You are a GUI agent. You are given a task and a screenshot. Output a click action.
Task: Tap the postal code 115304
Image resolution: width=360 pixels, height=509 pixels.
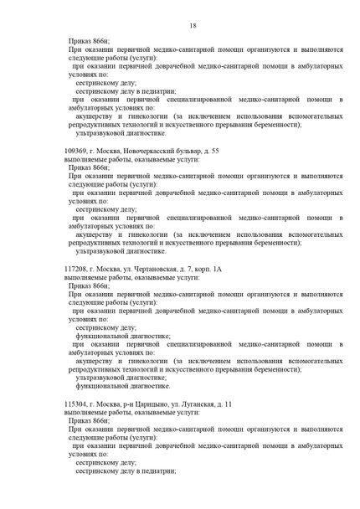point(77,404)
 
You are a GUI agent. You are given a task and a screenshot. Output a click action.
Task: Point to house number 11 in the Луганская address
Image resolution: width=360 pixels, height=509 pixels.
point(228,404)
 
